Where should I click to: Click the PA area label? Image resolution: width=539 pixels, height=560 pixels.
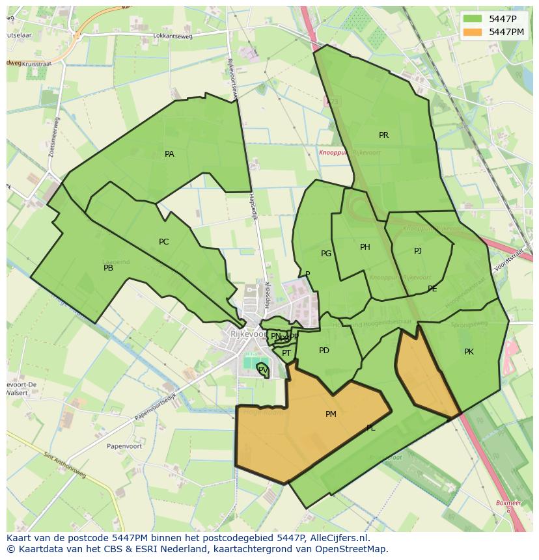point(169,154)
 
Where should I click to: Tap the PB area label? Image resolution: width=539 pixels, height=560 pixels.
point(108,268)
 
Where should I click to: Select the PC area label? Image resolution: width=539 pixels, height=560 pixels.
point(163,242)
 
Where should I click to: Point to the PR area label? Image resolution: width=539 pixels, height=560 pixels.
point(383,135)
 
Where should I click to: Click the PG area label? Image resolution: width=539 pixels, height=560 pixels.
point(326,254)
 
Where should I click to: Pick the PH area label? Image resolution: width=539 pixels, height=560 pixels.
point(365,247)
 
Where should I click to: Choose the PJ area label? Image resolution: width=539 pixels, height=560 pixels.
point(417,251)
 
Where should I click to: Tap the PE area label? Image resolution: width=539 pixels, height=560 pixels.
point(432,289)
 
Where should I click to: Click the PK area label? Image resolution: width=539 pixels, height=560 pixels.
point(469,352)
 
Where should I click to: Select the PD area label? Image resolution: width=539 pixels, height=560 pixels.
point(324,351)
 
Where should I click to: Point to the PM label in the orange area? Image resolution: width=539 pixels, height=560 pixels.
point(331,414)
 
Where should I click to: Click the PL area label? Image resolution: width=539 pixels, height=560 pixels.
point(370,428)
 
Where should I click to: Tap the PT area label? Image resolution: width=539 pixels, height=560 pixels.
point(286,353)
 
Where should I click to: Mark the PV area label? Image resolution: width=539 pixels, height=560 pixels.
point(262,369)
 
